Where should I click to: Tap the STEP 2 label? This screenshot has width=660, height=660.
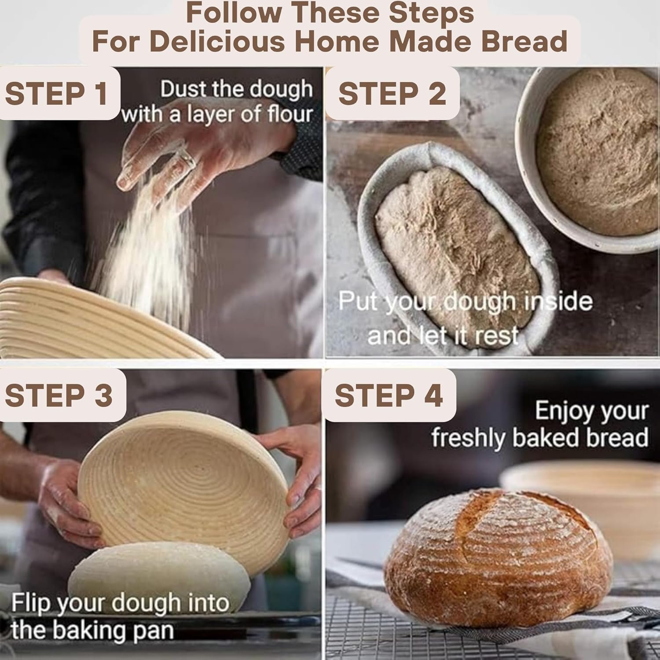pyautogui.click(x=392, y=93)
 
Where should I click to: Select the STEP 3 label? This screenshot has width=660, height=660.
pyautogui.click(x=59, y=395)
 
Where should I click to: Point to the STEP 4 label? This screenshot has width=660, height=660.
pyautogui.click(x=389, y=395)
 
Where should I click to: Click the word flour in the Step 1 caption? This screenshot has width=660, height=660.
pyautogui.click(x=290, y=114)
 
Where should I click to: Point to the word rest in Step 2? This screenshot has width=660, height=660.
pyautogui.click(x=496, y=336)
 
